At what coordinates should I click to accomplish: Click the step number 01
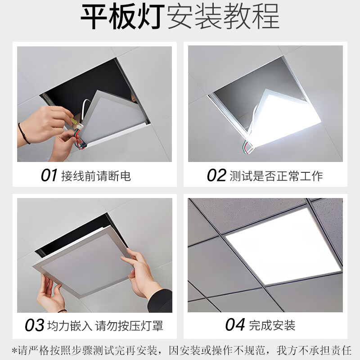click(49, 175)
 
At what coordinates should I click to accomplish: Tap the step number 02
click(216, 175)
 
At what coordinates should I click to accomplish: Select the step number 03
click(34, 325)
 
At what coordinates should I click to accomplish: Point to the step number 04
click(234, 325)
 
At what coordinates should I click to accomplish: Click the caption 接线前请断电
click(96, 175)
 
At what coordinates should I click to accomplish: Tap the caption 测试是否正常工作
click(276, 175)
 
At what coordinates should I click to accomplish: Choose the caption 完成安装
click(272, 325)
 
